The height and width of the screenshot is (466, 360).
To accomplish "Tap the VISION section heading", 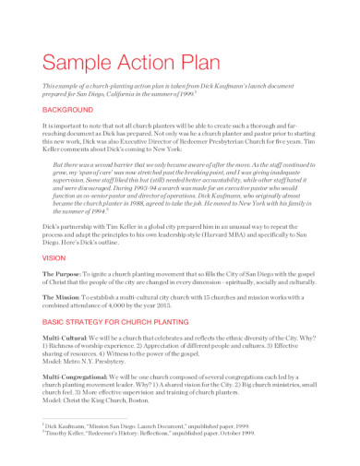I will click(x=54, y=258).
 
